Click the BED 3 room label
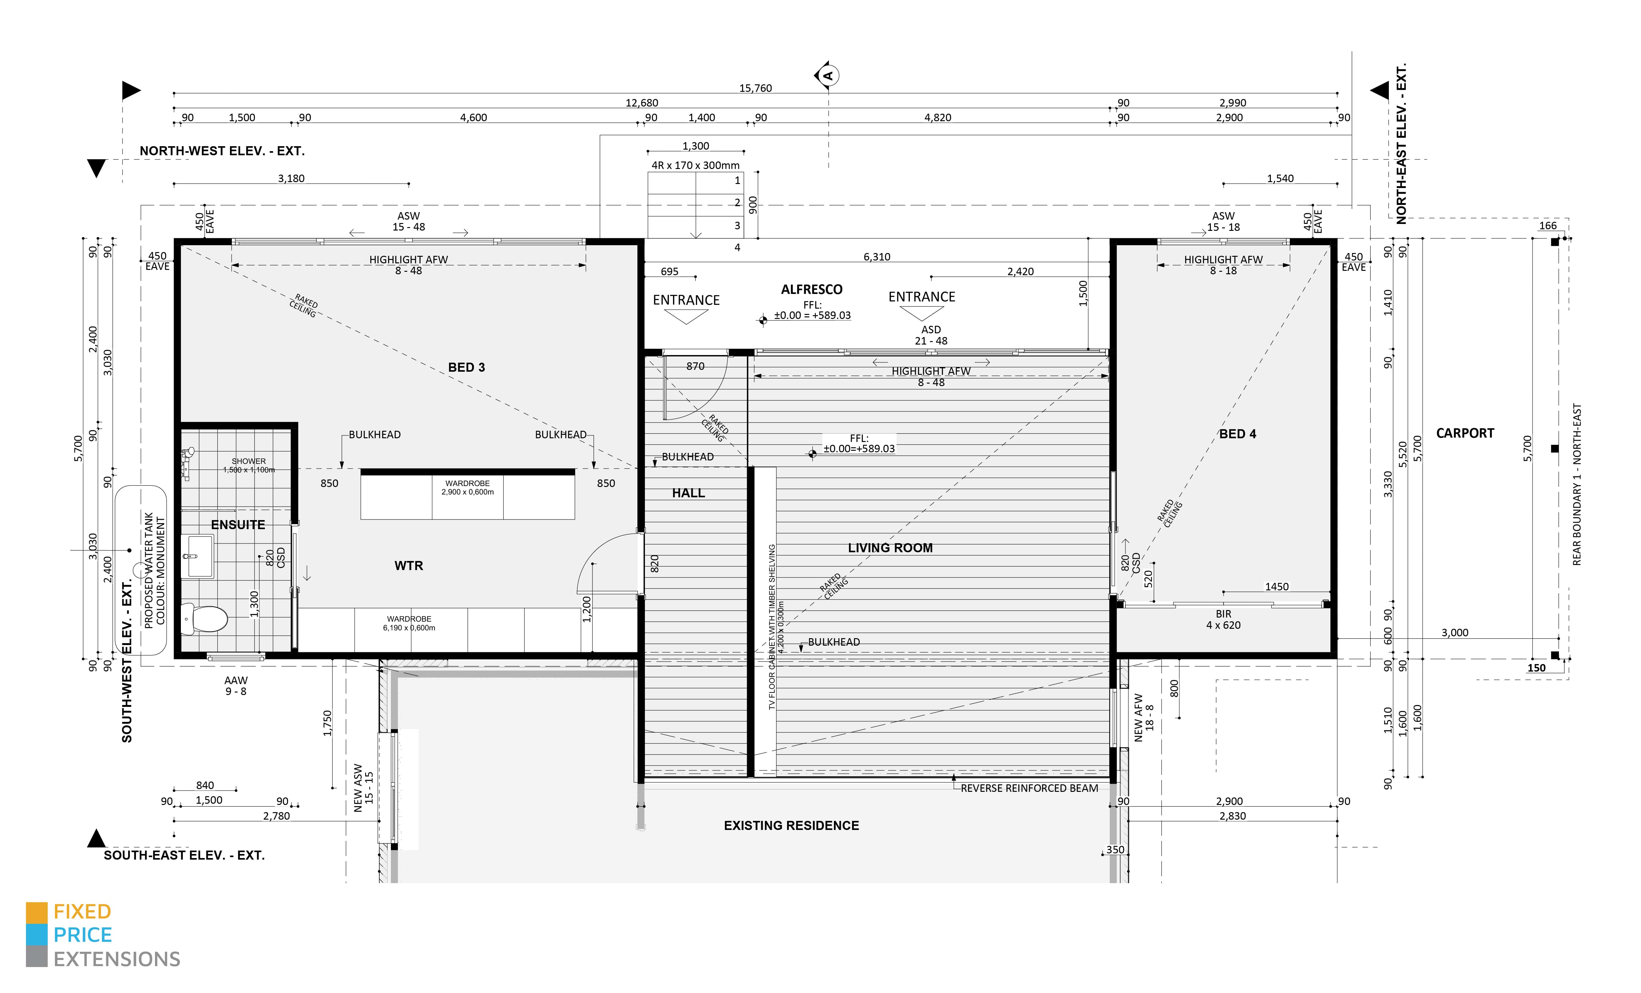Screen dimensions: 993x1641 click(466, 368)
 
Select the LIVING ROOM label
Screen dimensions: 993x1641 click(890, 548)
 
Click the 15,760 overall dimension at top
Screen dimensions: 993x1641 click(755, 88)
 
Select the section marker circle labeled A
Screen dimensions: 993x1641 click(829, 75)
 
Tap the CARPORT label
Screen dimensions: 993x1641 click(1464, 434)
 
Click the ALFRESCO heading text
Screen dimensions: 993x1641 click(811, 290)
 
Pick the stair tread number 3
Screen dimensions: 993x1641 click(737, 226)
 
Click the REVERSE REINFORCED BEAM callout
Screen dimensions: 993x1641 click(1029, 788)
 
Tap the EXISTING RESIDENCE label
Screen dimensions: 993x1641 click(791, 826)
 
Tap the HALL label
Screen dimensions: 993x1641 click(688, 494)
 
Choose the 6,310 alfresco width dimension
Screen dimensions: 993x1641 click(876, 257)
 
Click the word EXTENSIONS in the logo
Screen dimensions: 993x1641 click(117, 960)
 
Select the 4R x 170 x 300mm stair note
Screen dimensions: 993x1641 click(695, 165)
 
